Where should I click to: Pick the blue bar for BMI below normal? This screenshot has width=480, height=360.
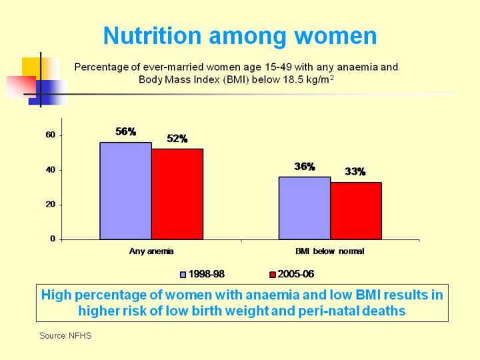coord(305,208)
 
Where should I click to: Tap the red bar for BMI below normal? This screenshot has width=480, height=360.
coord(356,211)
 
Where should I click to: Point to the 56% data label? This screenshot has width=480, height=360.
coord(125,132)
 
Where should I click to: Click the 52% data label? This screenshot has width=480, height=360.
coord(177,139)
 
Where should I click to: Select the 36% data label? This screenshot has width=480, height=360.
coord(305,167)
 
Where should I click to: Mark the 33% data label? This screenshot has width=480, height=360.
coord(355,171)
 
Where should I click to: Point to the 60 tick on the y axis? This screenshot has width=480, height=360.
coord(50,135)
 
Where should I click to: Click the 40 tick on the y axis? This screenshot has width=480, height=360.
coord(50,170)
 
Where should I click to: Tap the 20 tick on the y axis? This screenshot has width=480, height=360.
coord(50,205)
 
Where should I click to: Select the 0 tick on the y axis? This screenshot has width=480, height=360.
coord(53,239)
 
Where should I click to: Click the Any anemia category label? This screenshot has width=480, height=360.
coord(151,251)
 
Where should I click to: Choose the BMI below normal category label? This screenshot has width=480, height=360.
coord(330,251)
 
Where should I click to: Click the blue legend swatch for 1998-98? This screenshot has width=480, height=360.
coord(184,274)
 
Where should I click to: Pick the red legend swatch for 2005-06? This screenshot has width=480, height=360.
coord(272,274)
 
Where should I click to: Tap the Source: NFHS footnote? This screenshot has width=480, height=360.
coord(65,335)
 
